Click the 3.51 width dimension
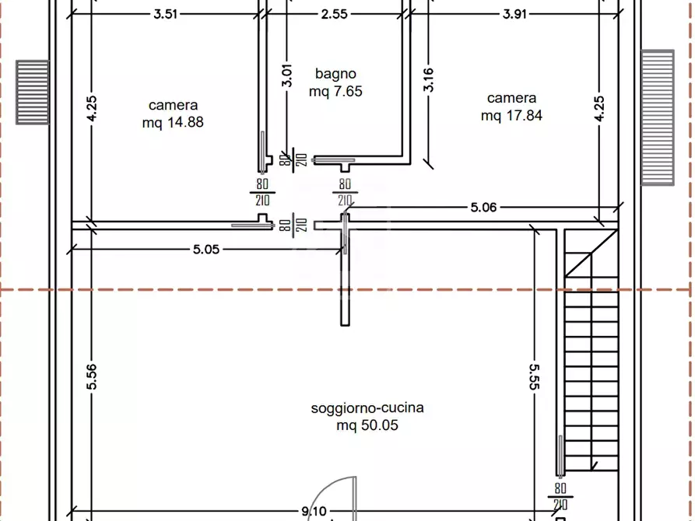165,14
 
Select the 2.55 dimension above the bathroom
334,14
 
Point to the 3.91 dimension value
514,14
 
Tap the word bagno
335,74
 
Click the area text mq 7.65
335,91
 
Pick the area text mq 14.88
173,122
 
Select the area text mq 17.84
511,116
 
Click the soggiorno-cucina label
367,407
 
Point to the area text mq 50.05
367,425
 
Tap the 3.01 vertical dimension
287,75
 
